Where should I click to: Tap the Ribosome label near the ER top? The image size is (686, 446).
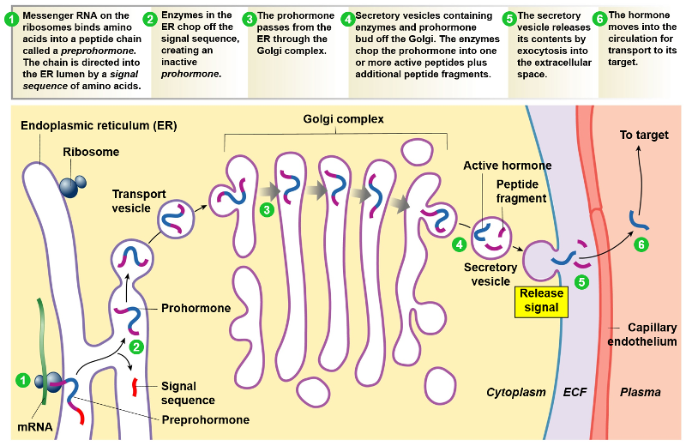(91, 153)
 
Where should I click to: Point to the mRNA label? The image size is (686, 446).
(35, 425)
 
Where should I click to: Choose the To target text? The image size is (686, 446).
(644, 135)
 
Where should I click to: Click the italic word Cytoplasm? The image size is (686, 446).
(516, 392)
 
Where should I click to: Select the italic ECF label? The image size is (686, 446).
(575, 392)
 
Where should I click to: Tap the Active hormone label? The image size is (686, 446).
(508, 166)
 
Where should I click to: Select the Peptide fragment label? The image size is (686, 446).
(521, 191)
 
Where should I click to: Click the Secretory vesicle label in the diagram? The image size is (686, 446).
(490, 274)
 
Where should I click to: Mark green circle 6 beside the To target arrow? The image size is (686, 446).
(641, 245)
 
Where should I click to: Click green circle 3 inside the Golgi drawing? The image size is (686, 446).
(267, 209)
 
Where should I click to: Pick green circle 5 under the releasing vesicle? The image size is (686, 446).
(582, 280)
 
